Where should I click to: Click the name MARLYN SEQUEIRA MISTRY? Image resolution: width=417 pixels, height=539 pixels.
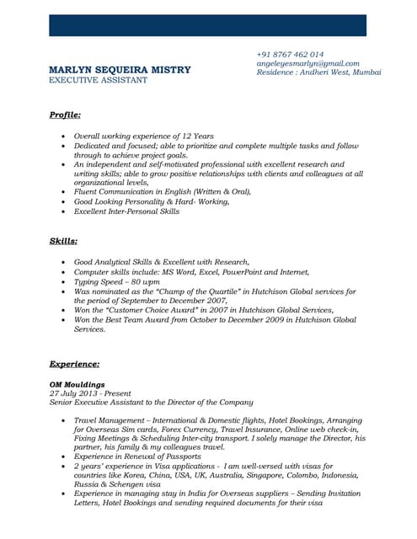120,70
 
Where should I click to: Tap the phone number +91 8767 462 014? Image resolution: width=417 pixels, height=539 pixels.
290,54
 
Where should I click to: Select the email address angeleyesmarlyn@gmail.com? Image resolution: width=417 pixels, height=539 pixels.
307,63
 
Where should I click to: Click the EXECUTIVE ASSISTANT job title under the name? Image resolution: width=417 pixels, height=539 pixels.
98,80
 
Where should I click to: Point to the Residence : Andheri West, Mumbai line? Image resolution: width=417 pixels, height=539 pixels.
318,72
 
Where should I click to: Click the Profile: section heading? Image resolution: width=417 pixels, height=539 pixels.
65,114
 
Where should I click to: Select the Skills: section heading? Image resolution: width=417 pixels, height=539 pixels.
63,242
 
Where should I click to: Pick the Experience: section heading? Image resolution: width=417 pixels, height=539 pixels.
74,364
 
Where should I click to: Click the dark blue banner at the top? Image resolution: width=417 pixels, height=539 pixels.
207,25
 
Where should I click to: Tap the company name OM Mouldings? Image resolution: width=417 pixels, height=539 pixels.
78,384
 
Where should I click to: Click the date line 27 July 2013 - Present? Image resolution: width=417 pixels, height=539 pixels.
90,393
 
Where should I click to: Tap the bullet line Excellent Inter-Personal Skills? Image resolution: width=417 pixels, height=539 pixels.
126,211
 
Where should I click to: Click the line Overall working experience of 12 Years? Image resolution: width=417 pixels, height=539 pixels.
143,136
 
